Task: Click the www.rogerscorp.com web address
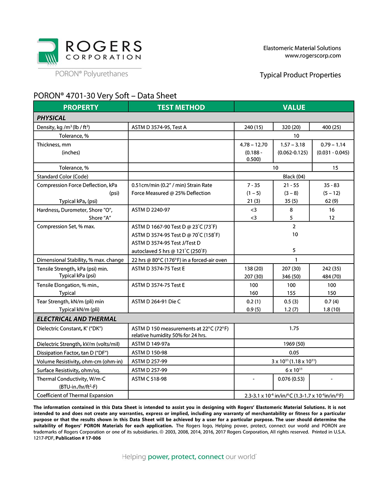(x=313, y=56)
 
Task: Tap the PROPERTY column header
(x=81, y=107)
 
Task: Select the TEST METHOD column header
(x=181, y=107)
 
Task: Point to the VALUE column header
(x=294, y=107)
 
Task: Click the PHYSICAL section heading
(x=51, y=118)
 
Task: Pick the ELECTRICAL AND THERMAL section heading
(x=77, y=319)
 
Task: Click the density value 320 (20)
(x=291, y=127)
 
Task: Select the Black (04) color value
(x=294, y=176)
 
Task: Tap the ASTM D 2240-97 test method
(x=151, y=210)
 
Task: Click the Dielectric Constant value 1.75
(x=294, y=328)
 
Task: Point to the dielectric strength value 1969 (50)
(x=294, y=344)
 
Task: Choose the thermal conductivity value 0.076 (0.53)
(x=291, y=379)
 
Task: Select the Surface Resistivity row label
(x=69, y=370)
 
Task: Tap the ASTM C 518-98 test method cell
(x=149, y=379)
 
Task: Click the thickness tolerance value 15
(x=335, y=168)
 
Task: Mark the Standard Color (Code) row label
(x=63, y=176)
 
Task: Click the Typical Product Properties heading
(x=300, y=75)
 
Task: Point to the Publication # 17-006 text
(x=78, y=438)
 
